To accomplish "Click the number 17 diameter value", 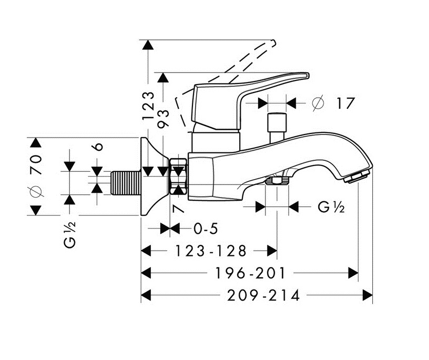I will (x=345, y=103).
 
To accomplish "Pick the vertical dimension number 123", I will (x=149, y=105).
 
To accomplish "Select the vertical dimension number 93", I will (x=164, y=117).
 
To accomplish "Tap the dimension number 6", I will (x=98, y=147).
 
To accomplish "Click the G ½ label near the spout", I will (x=331, y=207).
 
